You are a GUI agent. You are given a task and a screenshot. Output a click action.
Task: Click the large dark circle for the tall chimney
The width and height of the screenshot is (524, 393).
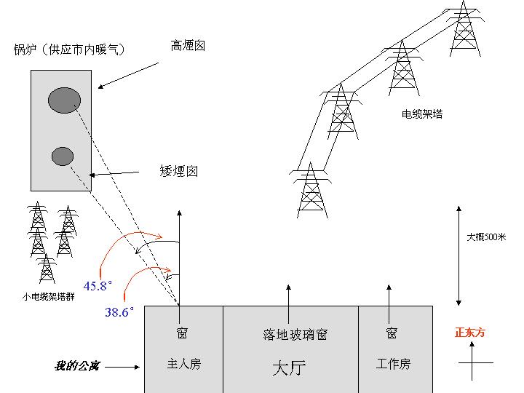pos(64,100)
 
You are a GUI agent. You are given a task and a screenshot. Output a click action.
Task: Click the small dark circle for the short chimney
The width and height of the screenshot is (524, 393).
pos(63,156)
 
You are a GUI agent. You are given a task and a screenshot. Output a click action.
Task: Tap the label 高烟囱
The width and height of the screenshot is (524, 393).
pos(188,46)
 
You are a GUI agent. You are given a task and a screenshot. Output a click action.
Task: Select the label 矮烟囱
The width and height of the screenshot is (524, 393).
pos(178,172)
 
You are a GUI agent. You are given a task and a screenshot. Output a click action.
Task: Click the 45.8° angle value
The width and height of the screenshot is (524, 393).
pos(98,286)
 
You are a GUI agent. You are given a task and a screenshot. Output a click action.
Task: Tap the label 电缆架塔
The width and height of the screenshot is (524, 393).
pos(422,114)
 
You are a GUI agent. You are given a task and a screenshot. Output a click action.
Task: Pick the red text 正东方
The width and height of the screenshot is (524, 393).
pos(469,333)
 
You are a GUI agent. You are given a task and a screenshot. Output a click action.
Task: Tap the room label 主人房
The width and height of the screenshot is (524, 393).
pos(183,364)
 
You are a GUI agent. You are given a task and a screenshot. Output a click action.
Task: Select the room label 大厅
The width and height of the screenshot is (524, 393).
pos(289,368)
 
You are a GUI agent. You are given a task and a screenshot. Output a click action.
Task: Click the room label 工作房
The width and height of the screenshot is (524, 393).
pos(393,364)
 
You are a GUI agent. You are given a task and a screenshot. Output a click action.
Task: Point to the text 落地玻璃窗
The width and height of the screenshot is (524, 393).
pos(295,335)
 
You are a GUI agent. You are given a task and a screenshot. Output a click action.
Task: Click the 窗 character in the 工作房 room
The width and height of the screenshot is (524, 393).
pos(392,333)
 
